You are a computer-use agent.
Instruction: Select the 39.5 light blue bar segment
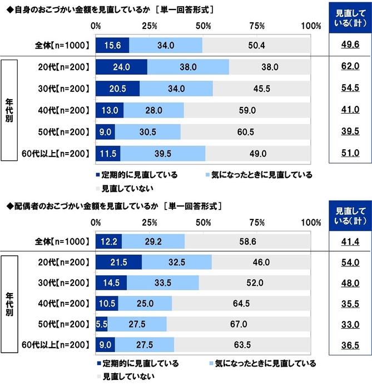(162, 153)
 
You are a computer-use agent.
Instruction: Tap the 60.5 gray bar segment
(246, 132)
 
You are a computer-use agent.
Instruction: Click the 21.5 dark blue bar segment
(118, 262)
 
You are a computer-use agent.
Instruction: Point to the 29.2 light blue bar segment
(153, 241)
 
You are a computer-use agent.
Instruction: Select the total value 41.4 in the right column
(349, 241)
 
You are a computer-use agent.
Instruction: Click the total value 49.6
(349, 46)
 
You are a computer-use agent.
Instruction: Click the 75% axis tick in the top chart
(257, 26)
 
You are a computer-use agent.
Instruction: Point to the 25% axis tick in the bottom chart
(149, 222)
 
